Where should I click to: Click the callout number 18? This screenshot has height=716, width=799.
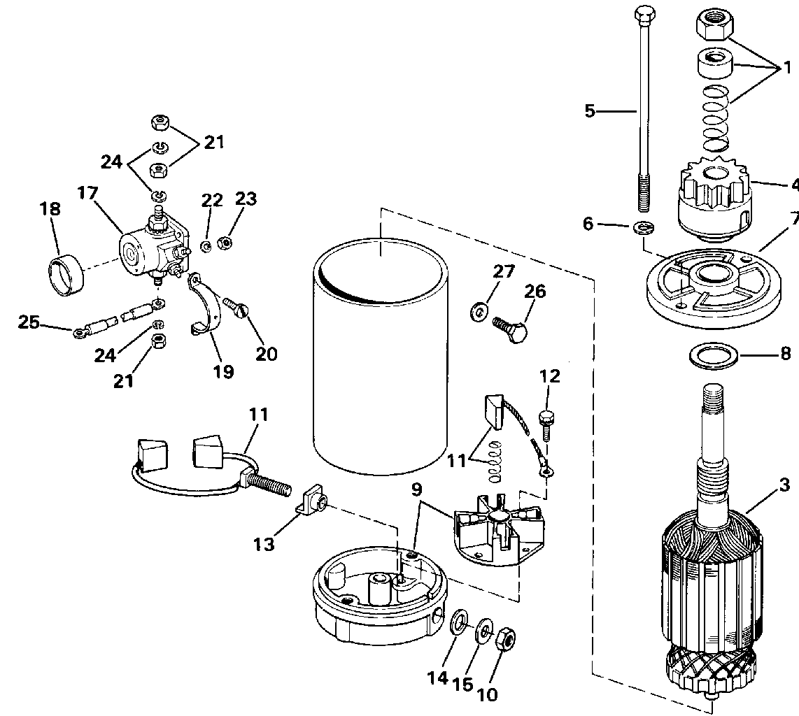pyautogui.click(x=51, y=208)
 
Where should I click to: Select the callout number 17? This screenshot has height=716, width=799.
pyautogui.click(x=87, y=193)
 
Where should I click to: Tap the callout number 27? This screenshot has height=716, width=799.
pyautogui.click(x=504, y=271)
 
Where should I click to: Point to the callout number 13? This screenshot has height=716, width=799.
pyautogui.click(x=264, y=544)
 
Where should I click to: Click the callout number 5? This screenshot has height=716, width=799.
pyautogui.click(x=590, y=110)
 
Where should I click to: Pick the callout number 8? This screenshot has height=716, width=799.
pyautogui.click(x=785, y=353)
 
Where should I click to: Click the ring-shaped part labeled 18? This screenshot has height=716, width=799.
pyautogui.click(x=66, y=276)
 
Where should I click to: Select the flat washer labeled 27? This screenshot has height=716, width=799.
pyautogui.click(x=478, y=311)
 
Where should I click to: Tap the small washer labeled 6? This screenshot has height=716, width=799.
pyautogui.click(x=644, y=227)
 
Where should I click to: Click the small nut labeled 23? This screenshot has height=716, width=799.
pyautogui.click(x=224, y=243)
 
